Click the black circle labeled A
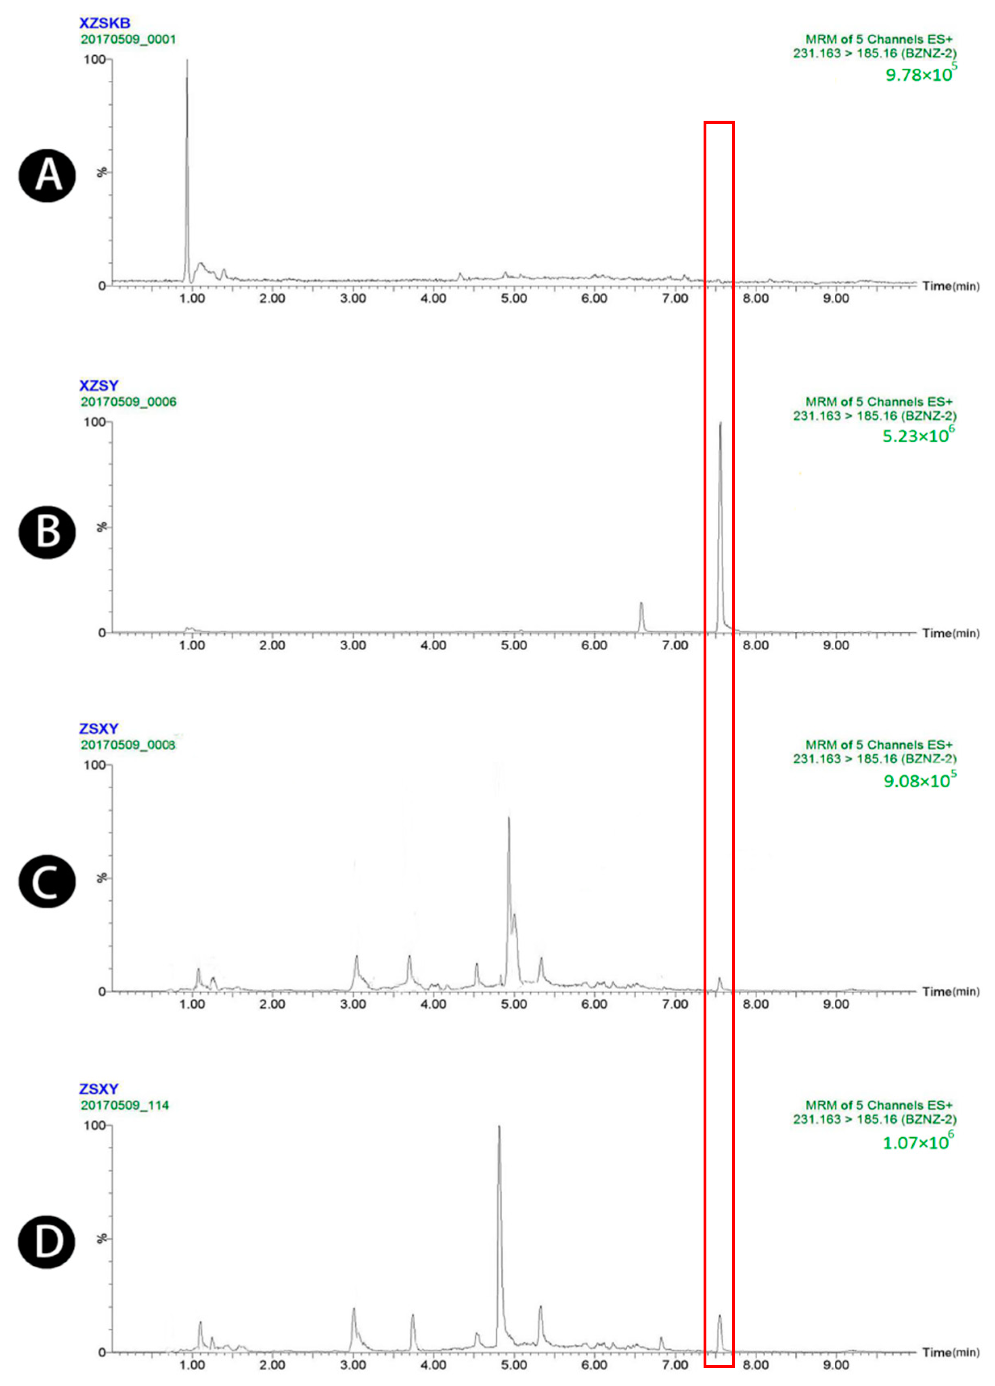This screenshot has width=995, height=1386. [48, 177]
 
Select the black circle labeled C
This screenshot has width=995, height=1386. [48, 881]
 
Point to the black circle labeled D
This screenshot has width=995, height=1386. [48, 1242]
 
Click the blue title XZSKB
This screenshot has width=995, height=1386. [105, 24]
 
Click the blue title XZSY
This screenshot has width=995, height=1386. [98, 385]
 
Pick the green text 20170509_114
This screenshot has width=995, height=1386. [125, 1105]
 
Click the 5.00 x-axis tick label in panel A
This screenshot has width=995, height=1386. [513, 299]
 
